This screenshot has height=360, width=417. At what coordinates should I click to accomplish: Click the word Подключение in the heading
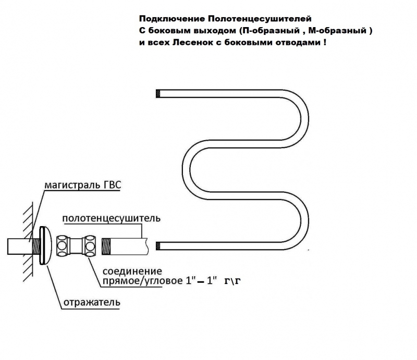(172, 19)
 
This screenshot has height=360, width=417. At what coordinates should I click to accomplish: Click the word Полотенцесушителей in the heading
(260, 19)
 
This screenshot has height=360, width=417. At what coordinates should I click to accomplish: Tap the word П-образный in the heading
(269, 31)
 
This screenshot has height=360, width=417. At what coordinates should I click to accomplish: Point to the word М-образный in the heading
(337, 31)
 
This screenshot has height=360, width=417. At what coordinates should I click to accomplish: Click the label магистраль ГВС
(83, 185)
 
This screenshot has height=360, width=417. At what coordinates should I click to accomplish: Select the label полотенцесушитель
(112, 218)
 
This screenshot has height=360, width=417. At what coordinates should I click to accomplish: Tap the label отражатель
(92, 302)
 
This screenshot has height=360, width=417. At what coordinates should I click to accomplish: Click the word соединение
(132, 271)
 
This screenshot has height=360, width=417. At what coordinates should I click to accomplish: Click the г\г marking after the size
(232, 281)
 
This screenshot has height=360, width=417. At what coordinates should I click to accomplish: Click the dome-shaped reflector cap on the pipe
(45, 246)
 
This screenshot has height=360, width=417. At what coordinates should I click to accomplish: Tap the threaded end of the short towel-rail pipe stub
(106, 246)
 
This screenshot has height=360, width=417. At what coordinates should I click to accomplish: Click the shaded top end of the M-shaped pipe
(158, 94)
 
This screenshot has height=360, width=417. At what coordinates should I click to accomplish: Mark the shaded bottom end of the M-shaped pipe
(158, 246)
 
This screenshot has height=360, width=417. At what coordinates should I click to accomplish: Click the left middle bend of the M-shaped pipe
(186, 169)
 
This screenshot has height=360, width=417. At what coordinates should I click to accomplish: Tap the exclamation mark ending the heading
(325, 43)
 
